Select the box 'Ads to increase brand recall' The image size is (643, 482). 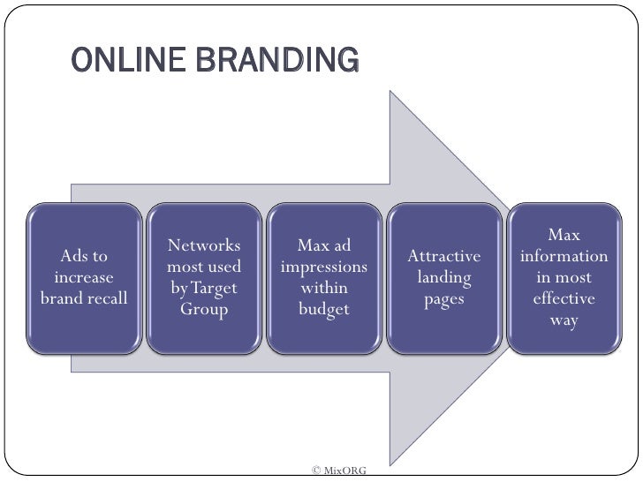[84, 278]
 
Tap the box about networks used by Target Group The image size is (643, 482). [204, 278]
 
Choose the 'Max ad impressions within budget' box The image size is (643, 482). [324, 278]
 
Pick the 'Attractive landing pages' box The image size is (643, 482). [444, 278]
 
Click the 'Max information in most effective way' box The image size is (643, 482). [564, 278]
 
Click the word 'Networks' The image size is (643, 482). [204, 245]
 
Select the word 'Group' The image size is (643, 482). [204, 309]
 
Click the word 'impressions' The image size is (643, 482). [324, 267]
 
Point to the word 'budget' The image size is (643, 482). [324, 309]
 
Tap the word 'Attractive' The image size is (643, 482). [444, 257]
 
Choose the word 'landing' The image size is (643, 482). [444, 278]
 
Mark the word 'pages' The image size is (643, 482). [444, 299]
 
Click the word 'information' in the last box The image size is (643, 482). [564, 257]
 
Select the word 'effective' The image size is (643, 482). [564, 299]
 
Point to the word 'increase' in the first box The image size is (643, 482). [84, 277]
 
